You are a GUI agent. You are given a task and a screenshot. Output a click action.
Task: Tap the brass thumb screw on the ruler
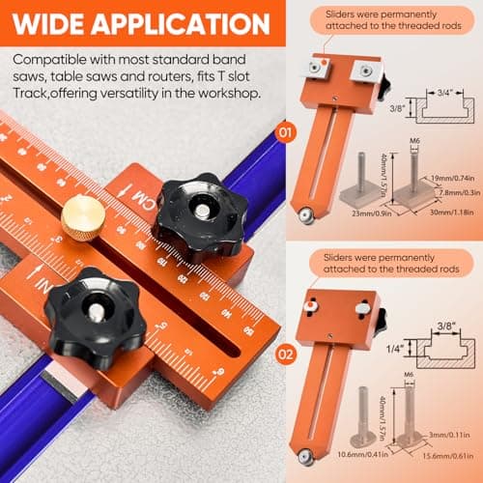pos(82,217)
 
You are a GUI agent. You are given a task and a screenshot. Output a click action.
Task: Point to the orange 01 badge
pos(284,129)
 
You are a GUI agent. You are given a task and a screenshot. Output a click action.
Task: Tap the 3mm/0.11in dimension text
pos(453,435)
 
